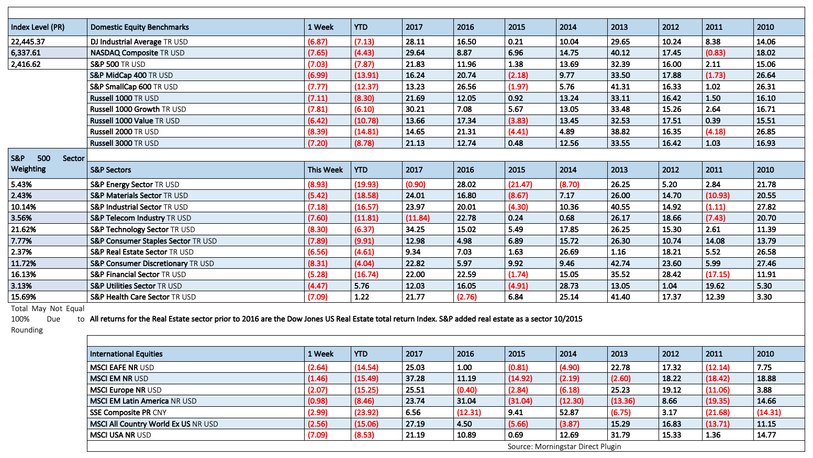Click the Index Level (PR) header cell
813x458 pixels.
point(38,27)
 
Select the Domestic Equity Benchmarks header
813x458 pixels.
point(139,27)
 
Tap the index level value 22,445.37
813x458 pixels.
point(28,42)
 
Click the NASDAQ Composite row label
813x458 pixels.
point(137,53)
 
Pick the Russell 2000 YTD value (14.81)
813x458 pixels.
point(366,132)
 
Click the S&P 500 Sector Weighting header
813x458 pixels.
point(48,164)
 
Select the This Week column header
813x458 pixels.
point(325,170)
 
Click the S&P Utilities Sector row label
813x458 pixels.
point(136,286)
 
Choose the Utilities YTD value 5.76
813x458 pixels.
point(362,286)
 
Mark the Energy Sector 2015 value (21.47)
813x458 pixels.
point(520,185)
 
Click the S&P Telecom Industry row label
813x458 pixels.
point(140,218)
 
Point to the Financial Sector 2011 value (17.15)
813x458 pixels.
point(718,274)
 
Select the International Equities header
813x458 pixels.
point(126,354)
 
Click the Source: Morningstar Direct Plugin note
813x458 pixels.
point(564,446)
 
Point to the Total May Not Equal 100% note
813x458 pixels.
point(48,319)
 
